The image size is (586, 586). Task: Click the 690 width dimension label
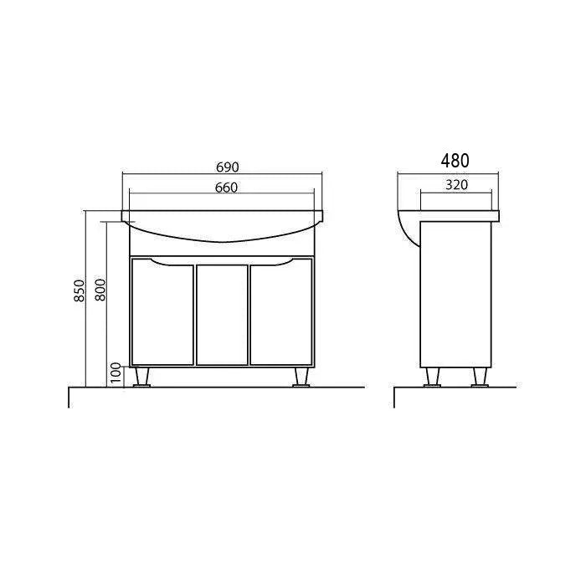227,167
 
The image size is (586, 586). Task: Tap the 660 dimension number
227,188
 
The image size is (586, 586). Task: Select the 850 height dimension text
80,290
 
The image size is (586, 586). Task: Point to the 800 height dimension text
100,290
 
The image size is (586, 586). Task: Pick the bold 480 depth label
455,161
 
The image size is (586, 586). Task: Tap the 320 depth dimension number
457,185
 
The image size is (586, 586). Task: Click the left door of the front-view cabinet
162,312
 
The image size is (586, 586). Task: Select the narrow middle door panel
222,315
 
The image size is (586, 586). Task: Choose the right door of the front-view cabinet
281,312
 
